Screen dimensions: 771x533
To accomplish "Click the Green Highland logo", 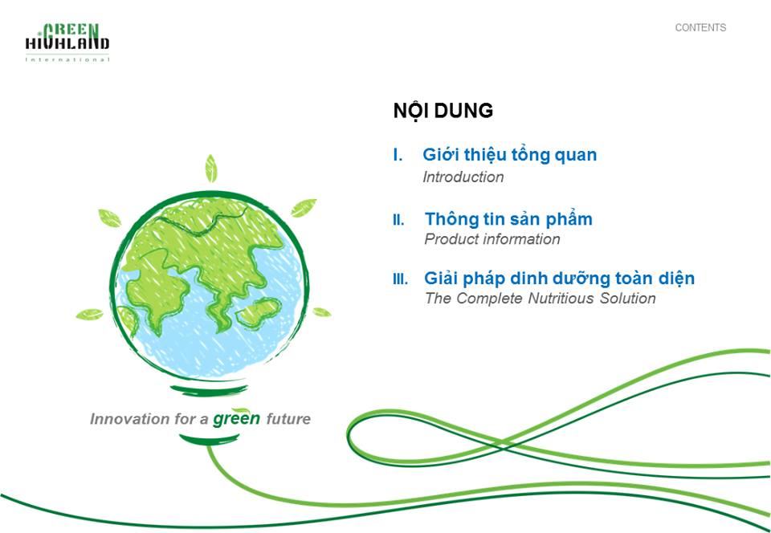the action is coord(67,43).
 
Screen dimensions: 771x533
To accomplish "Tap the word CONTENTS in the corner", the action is coord(700,28).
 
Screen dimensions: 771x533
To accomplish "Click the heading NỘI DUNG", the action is coord(443,112).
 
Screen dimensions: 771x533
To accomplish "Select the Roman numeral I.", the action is coord(398,155).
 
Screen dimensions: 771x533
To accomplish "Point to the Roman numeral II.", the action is coord(399,220).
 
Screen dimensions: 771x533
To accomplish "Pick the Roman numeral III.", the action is coord(400,279).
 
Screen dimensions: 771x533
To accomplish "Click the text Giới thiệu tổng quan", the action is coord(509,155).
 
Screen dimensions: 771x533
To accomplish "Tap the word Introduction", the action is coord(463,177).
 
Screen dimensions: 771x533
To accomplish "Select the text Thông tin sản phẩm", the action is coord(508,219).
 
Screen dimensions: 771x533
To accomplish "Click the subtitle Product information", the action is coord(492,239).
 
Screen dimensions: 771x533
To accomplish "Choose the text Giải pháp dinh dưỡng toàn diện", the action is coord(560,279).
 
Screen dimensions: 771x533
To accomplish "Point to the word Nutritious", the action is coord(561,298).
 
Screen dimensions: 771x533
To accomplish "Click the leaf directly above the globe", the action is coord(211,169).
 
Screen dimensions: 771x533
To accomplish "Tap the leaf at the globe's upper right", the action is coord(304,207).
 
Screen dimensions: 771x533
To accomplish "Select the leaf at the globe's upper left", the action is coord(110,218).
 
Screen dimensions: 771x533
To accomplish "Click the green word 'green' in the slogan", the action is coord(236,417).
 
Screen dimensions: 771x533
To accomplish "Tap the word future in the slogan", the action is coord(288,419).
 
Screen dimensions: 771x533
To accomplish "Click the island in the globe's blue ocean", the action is coord(258,311).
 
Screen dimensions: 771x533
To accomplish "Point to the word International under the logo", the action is coord(67,60).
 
